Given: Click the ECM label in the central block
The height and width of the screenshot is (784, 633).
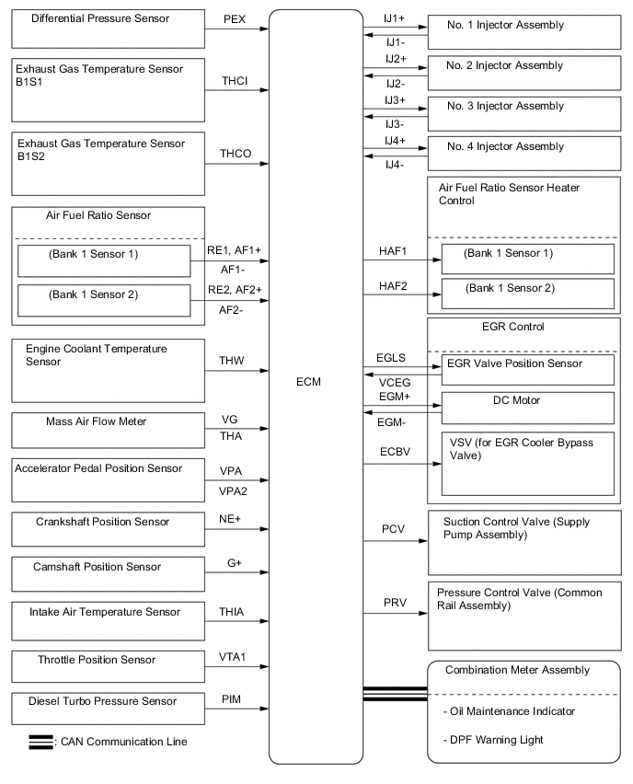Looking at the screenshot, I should (x=310, y=381).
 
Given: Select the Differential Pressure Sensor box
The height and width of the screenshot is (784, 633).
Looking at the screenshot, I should (x=108, y=29).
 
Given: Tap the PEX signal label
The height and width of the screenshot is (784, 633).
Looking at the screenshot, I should (x=235, y=17).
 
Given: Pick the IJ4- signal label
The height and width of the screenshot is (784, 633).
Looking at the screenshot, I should (x=395, y=165).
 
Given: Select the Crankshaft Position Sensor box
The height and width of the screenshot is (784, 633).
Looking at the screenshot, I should (x=108, y=530).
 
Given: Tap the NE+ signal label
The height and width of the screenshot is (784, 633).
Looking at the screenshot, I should (x=230, y=519).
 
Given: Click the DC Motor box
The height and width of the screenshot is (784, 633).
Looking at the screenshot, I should (x=527, y=406).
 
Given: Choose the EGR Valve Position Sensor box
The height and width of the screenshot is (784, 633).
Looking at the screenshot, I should (x=527, y=369).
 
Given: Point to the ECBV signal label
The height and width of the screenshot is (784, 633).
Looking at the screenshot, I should (x=393, y=452).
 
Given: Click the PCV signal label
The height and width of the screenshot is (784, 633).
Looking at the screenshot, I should (x=394, y=529).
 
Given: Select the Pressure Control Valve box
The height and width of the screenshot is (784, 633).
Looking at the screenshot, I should (x=524, y=614).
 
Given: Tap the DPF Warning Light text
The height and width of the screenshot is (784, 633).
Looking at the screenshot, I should (x=492, y=740).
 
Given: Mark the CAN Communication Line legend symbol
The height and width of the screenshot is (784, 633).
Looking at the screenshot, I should (x=40, y=742).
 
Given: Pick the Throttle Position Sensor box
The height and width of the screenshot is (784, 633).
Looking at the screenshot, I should (x=108, y=665).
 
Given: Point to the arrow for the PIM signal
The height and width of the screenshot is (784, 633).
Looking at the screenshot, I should (x=265, y=709).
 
